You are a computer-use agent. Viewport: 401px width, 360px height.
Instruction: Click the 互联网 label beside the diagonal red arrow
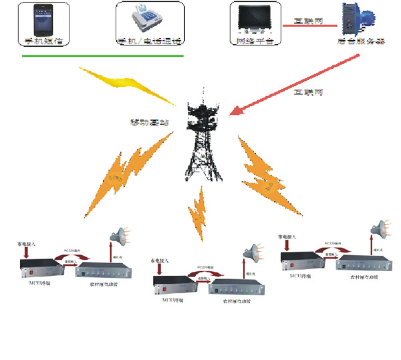coord(308,93)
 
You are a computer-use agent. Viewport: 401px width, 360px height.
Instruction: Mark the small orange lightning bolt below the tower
coord(198,210)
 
